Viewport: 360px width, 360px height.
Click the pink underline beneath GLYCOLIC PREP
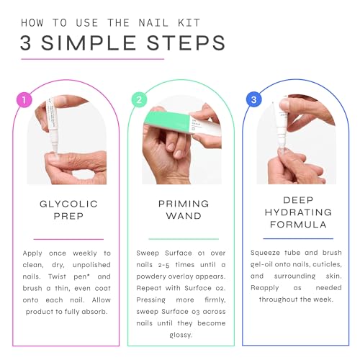68,239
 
